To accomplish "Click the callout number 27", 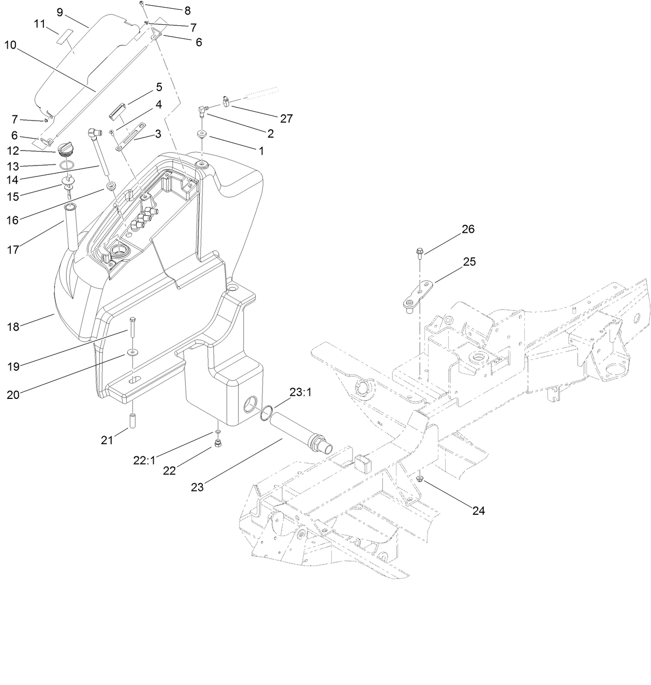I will pyautogui.click(x=286, y=118).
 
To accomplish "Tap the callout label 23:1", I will pyautogui.click(x=300, y=393).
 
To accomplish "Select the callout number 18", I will pyautogui.click(x=13, y=326).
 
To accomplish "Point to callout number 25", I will pyautogui.click(x=469, y=262).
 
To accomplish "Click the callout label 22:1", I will pyautogui.click(x=144, y=460).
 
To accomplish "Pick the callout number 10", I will pyautogui.click(x=11, y=44).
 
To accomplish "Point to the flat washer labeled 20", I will pyautogui.click(x=133, y=353).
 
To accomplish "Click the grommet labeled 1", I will pyautogui.click(x=201, y=135).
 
